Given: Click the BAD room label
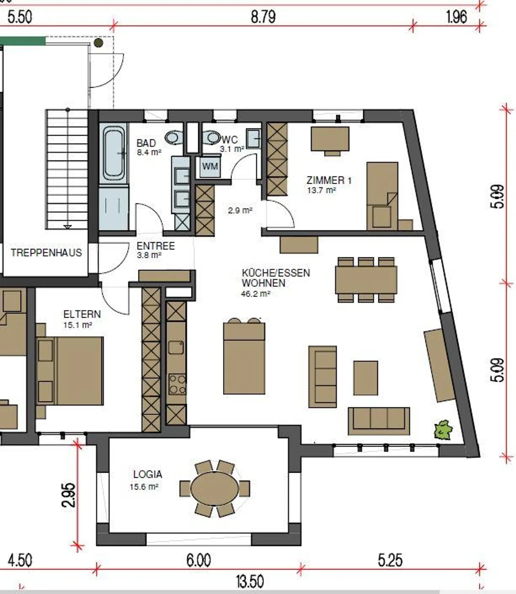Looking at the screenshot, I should [146, 143].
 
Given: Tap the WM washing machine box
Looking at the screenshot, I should [210, 167].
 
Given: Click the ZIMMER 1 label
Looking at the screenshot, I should [329, 180].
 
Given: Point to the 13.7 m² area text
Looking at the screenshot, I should [321, 190].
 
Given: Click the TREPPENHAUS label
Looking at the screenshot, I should [46, 253].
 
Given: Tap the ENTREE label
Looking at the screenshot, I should [156, 246].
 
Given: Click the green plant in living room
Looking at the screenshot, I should [443, 430].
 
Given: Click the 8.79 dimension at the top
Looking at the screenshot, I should [263, 17].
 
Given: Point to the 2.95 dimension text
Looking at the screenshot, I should [68, 495].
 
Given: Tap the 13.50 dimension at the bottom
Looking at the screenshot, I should [250, 581].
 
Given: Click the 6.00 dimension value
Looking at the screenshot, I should [199, 560].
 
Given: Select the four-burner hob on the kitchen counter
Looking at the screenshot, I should [177, 384].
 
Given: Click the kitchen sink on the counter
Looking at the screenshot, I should [176, 347].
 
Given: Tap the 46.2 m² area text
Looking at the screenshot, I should [255, 294].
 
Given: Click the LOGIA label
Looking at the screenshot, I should [148, 474].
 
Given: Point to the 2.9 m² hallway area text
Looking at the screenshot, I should [240, 211].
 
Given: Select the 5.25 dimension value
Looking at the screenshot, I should [390, 560].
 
